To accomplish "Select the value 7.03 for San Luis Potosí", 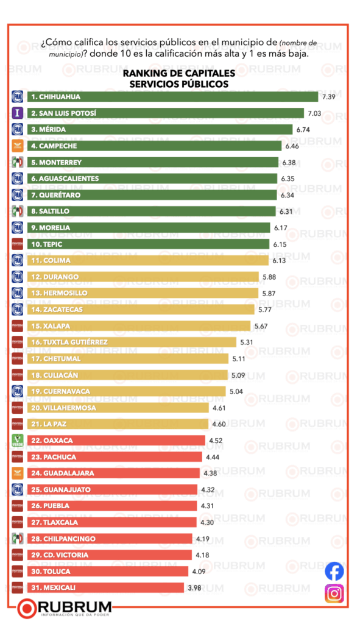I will click(x=314, y=113).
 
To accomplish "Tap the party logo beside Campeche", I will click(x=18, y=146).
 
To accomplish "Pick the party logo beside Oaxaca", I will click(x=18, y=440).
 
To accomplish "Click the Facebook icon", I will click(x=334, y=571).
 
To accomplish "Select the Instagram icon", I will click(x=334, y=593).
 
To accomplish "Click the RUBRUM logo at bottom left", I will click(x=65, y=608).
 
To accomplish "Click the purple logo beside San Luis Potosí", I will click(x=18, y=113).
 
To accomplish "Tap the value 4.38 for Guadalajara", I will click(x=209, y=473).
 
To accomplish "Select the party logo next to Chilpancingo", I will click(x=18, y=538).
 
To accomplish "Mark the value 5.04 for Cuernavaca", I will click(x=237, y=391).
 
